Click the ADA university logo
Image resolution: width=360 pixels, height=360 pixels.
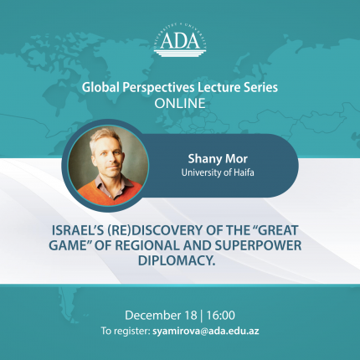pos(180,41)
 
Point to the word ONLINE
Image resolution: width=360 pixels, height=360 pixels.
pos(180,104)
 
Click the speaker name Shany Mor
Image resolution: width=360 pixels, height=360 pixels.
pos(218,159)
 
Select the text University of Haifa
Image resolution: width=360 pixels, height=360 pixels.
pos(218,172)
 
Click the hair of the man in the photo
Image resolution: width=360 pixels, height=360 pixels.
pos(105,137)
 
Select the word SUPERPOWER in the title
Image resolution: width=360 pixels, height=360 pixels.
pos(258,245)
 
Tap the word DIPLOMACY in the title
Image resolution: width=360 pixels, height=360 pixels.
pos(177,260)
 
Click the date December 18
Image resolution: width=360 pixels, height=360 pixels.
pos(161,316)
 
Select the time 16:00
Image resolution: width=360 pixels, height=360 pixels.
pos(220,316)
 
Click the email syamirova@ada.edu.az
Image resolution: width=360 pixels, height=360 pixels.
pos(206,332)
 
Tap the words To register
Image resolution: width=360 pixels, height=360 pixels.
pos(126,332)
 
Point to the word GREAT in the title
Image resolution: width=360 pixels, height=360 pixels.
pos(275,230)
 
